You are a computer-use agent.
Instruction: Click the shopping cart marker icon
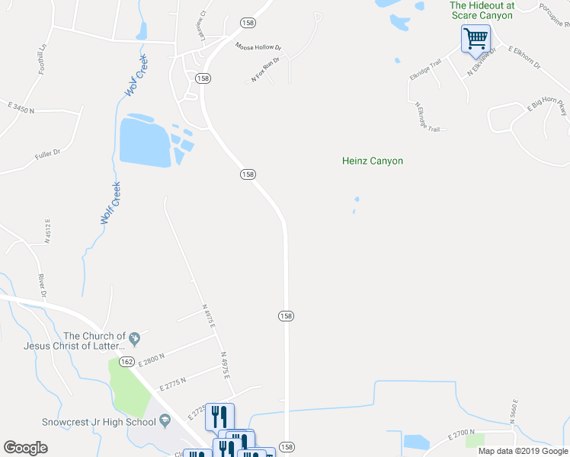(476, 37)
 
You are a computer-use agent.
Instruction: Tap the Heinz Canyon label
(372, 161)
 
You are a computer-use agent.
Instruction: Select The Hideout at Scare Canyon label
(482, 9)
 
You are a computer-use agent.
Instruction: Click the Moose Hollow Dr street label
(258, 46)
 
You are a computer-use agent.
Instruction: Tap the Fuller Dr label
(47, 155)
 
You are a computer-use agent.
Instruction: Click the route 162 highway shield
(127, 361)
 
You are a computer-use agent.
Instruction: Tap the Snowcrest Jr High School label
(99, 422)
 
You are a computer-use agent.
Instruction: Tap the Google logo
(25, 447)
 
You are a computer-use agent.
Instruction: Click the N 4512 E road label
(47, 231)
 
